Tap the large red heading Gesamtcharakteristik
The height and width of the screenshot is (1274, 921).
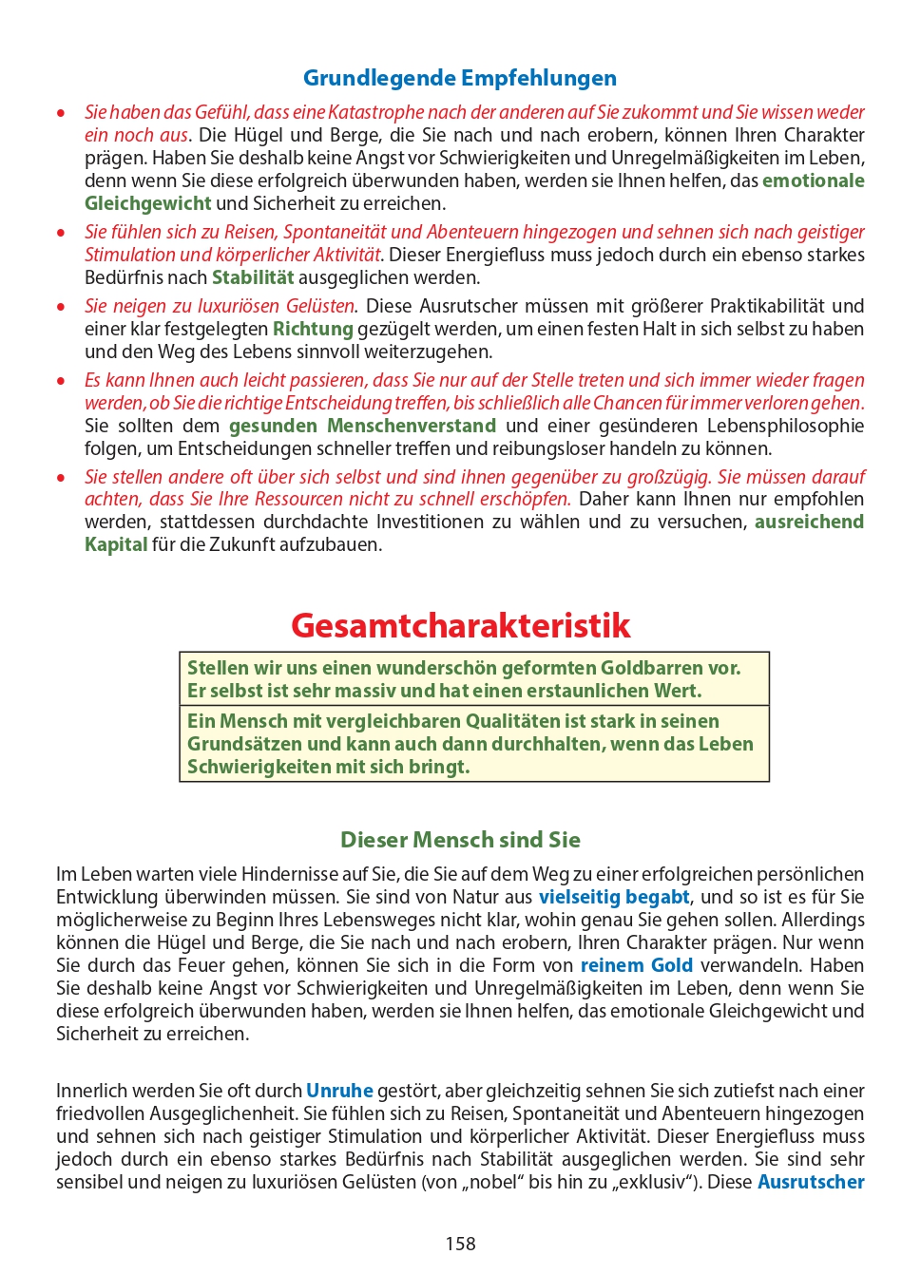click(x=460, y=625)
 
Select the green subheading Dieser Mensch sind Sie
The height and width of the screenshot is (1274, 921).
click(x=460, y=840)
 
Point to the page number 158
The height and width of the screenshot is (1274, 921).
click(x=460, y=1244)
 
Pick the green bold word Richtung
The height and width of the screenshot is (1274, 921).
click(x=313, y=329)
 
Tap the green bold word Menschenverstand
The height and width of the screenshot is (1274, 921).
click(x=411, y=426)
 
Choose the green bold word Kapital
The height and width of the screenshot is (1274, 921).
click(x=116, y=544)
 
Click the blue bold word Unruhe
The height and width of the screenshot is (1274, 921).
click(x=339, y=1091)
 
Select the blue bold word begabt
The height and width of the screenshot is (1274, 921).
click(x=658, y=897)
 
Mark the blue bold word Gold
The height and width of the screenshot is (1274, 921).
click(x=672, y=965)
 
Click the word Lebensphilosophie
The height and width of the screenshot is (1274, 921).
click(x=785, y=426)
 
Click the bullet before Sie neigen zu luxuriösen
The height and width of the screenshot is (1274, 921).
click(x=62, y=306)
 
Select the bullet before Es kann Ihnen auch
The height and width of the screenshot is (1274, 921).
click(x=62, y=380)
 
